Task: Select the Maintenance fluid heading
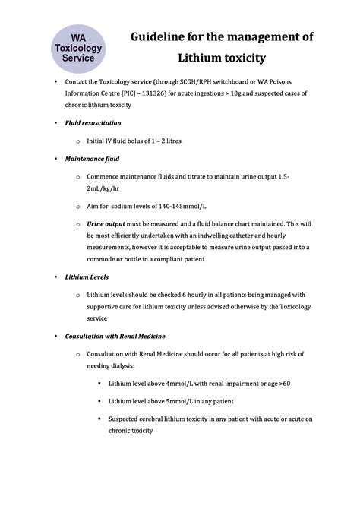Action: tap(92, 159)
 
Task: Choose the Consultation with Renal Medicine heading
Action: tap(115, 335)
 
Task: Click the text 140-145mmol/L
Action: tap(171, 206)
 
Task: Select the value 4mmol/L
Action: tap(172, 383)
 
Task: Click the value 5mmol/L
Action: tap(172, 400)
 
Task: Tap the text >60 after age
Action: tap(283, 383)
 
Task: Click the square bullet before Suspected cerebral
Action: tap(99, 419)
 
